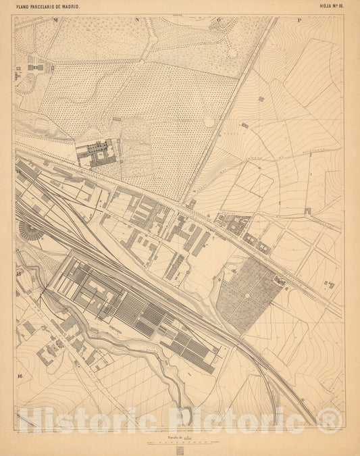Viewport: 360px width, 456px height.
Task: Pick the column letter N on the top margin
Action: coord(136,20)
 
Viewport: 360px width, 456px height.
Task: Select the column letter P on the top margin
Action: coord(299,20)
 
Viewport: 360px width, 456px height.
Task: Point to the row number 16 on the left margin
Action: coord(21,376)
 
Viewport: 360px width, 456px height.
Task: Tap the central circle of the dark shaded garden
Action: coord(249,295)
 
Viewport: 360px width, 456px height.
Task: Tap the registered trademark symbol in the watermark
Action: coord(330,419)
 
